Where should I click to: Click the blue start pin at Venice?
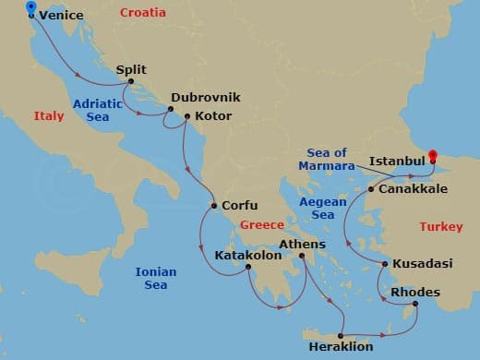[32, 9]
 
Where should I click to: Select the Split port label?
[132, 68]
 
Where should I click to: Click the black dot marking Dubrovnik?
[170, 110]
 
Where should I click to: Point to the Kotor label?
[212, 116]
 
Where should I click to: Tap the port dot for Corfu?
[213, 205]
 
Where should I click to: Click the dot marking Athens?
[302, 257]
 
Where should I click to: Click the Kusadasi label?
[422, 264]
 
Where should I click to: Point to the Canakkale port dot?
[371, 189]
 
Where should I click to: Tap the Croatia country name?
[143, 13]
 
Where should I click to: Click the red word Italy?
[49, 116]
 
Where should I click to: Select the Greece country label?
[261, 224]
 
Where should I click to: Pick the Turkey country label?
[440, 226]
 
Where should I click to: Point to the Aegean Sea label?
[322, 208]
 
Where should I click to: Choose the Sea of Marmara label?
[326, 160]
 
